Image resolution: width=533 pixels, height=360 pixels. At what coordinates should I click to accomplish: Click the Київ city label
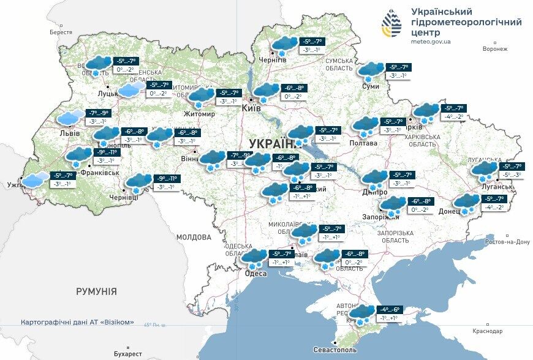(251, 108)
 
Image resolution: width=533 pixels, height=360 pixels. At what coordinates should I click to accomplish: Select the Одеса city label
(255, 273)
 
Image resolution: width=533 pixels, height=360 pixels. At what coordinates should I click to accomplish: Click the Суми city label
(371, 86)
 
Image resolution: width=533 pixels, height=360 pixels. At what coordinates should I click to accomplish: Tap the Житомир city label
(200, 114)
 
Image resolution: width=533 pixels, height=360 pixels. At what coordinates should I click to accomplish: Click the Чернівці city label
(124, 197)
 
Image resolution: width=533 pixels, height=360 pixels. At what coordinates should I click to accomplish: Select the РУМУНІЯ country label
(97, 291)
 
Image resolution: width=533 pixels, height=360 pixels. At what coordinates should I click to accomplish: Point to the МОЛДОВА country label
(194, 236)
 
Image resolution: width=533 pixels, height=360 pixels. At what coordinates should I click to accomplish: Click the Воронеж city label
(495, 48)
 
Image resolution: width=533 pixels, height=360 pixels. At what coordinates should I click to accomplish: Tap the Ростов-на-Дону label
(507, 242)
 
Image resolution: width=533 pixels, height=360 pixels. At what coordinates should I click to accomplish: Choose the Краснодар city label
(488, 331)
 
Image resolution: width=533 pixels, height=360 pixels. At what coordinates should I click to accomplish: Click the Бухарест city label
(128, 354)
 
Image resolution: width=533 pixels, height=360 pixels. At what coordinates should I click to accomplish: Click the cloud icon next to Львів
(70, 117)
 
